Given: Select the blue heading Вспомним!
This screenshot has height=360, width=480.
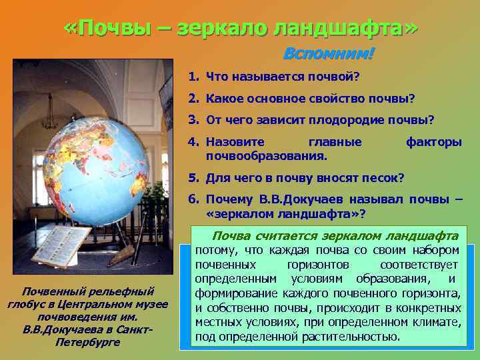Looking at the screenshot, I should [x=329, y=53].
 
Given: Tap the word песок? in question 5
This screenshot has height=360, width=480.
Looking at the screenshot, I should [x=383, y=178].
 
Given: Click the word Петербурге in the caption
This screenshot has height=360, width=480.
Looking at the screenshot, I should [x=87, y=342].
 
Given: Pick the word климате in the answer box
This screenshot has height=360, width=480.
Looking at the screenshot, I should [x=437, y=322].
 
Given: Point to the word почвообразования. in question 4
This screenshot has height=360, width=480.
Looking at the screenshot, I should [x=267, y=157].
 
